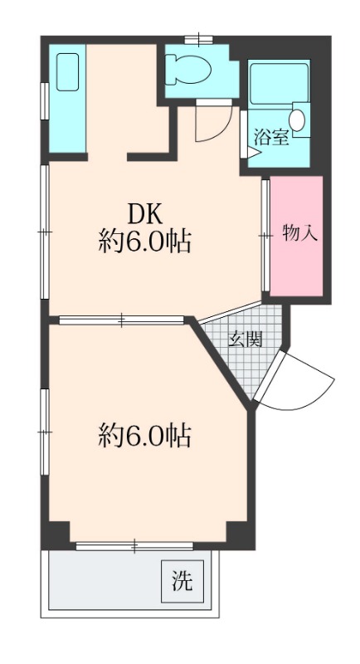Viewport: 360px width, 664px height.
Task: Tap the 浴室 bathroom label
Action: pyautogui.click(x=271, y=137)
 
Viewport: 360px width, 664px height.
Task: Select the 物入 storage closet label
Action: pyautogui.click(x=299, y=233)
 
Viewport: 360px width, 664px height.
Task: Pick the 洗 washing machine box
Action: pyautogui.click(x=182, y=581)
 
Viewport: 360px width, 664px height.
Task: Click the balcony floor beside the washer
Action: pyautogui.click(x=100, y=581)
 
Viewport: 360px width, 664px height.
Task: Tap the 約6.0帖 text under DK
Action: pyautogui.click(x=144, y=242)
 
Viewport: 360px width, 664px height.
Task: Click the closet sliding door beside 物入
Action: pyautogui.click(x=266, y=237)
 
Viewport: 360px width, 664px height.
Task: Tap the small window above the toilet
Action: pyautogui.click(x=199, y=38)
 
